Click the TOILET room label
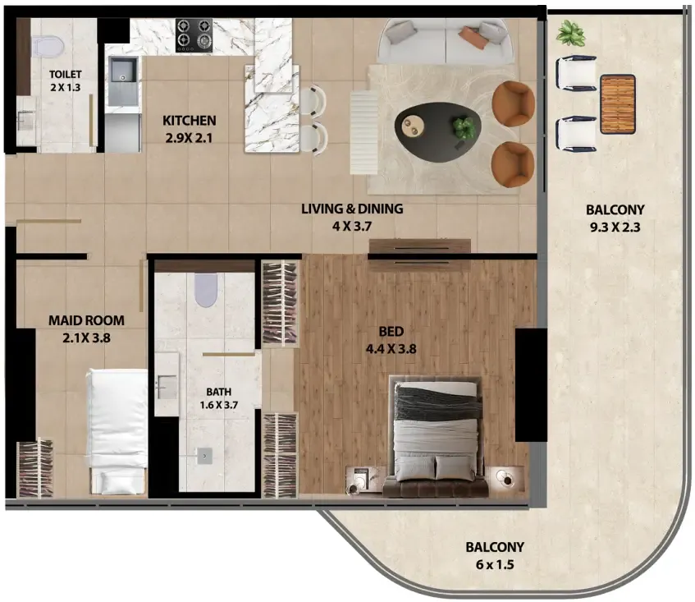point(66,74)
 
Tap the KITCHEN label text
point(190,120)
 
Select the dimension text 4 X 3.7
point(352,226)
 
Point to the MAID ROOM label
point(86,320)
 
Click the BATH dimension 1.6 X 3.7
point(218,405)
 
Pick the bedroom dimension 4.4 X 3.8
point(391,349)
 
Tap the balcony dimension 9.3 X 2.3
point(615,227)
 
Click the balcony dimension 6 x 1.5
point(495,565)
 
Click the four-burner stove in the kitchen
point(194,35)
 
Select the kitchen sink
point(122,81)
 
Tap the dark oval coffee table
point(438,131)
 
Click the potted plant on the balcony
point(571,34)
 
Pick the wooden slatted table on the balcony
point(618,104)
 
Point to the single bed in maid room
point(117,431)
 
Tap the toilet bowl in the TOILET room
point(47,45)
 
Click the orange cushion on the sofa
point(473,37)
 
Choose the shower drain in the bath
point(204,456)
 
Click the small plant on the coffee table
point(464,126)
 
